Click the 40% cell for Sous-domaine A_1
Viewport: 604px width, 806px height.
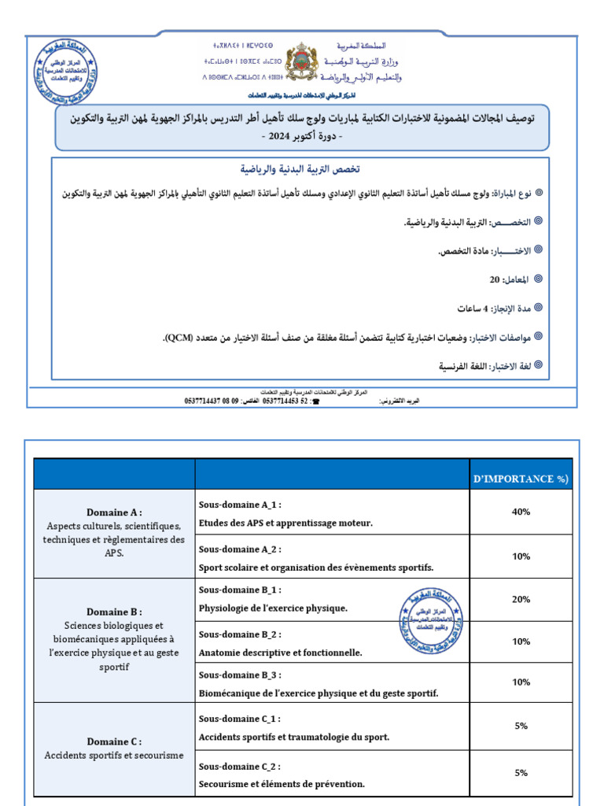521,512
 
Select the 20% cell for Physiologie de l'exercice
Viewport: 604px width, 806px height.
521,599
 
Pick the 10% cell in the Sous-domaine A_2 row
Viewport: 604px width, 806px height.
521,556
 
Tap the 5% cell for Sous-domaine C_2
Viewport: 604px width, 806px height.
521,772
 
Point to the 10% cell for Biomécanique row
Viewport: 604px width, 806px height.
521,682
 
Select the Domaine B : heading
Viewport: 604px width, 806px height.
114,612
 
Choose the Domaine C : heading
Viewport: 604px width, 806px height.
114,741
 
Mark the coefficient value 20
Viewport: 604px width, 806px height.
494,279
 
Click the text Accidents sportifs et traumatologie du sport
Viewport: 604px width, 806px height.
293,737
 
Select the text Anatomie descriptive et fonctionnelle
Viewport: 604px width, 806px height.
280,653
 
